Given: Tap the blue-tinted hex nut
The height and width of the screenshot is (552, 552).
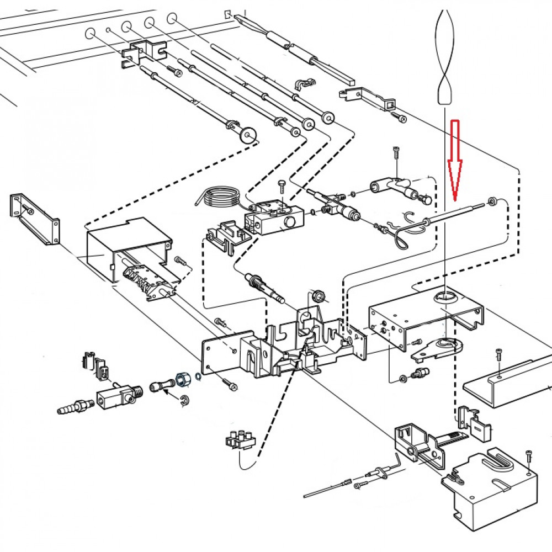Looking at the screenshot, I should [182, 380].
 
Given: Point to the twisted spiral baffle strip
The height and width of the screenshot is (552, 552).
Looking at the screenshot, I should [445, 55].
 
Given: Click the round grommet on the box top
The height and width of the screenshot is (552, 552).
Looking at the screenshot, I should [445, 297].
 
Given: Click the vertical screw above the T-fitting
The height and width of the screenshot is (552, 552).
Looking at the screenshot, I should [396, 154].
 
